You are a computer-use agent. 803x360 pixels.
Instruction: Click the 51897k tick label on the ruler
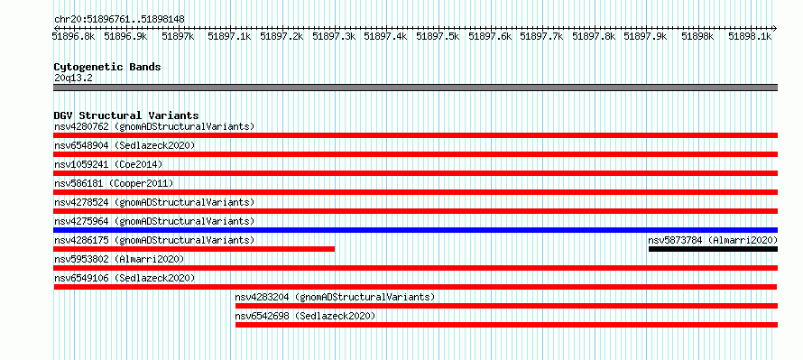coord(179,36)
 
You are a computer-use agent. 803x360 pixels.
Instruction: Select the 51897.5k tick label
coord(438,36)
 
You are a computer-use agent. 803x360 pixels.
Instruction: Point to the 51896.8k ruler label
coord(74,36)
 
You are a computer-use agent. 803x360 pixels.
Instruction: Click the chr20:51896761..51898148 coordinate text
coord(119,19)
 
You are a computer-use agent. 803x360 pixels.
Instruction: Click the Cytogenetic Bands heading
coord(107,67)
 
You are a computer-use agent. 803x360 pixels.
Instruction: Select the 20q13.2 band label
coord(73,78)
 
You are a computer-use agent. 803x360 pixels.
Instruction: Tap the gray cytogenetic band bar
coord(415,88)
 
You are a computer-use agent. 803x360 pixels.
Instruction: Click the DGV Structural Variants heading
coord(126,115)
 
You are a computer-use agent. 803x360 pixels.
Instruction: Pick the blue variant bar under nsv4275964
coord(415,230)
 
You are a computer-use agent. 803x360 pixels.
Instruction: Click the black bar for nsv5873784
coord(713,249)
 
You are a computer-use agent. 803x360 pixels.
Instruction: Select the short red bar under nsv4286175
coord(194,249)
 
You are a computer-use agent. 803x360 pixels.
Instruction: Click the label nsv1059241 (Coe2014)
coord(108,164)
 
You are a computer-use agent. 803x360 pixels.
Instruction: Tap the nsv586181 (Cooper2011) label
coord(114,183)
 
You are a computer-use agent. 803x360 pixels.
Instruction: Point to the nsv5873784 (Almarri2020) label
coord(713,240)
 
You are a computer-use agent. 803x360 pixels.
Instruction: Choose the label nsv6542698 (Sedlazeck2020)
coord(305,316)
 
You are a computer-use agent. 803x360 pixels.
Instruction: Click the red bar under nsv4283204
coord(506,306)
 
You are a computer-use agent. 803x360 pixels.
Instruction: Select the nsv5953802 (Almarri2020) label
coord(119,259)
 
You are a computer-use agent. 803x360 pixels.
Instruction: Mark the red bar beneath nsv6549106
coord(415,287)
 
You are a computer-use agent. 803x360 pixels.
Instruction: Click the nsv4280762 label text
coord(81,126)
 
